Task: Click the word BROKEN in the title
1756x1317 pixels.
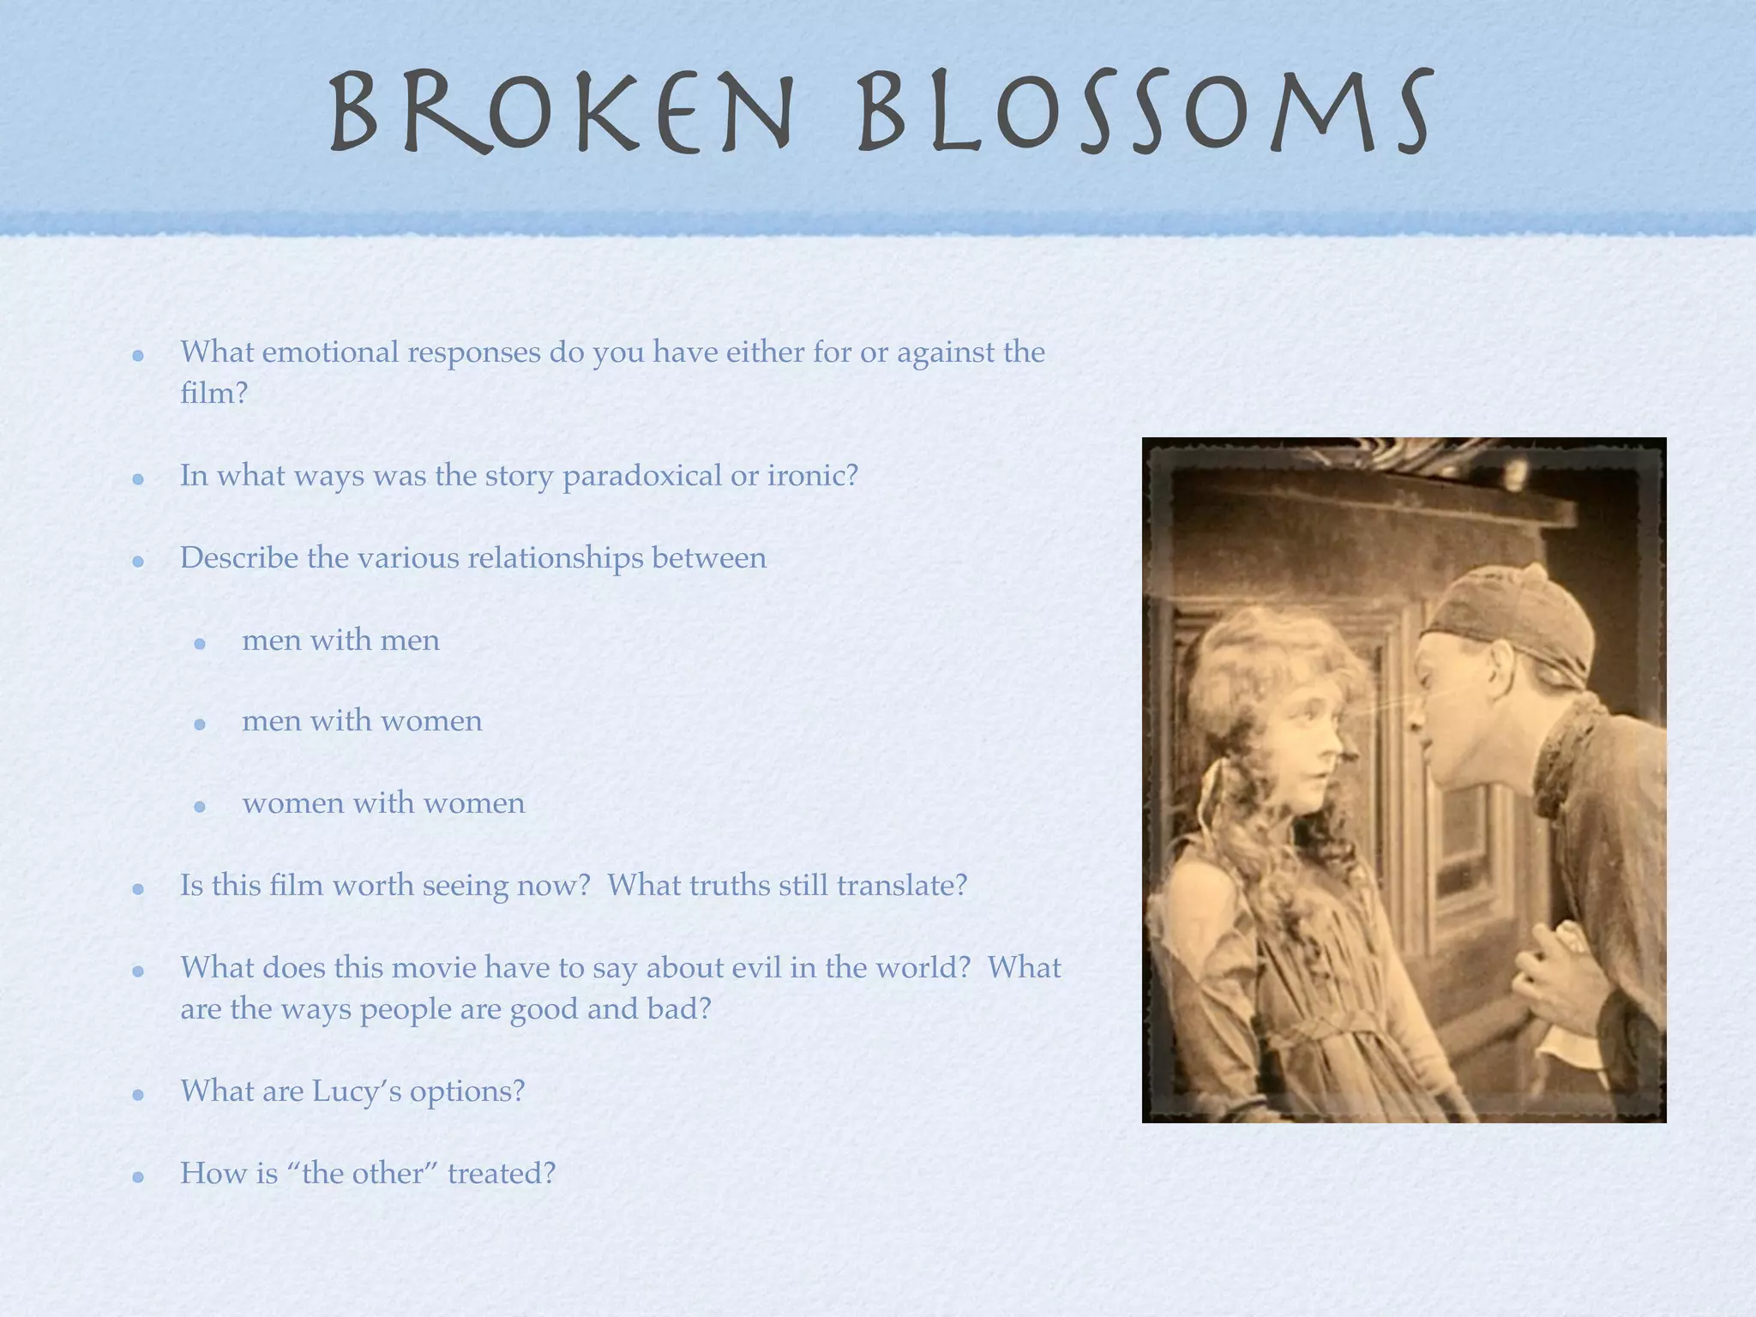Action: pyautogui.click(x=562, y=111)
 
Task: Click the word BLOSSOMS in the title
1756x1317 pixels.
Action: pyautogui.click(x=1145, y=111)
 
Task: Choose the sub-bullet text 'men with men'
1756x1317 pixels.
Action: pyautogui.click(x=340, y=640)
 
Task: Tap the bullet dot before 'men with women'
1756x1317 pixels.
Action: pyautogui.click(x=200, y=725)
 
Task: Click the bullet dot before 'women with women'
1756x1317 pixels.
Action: pyautogui.click(x=200, y=807)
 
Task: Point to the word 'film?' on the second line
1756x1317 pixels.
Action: pyautogui.click(x=213, y=394)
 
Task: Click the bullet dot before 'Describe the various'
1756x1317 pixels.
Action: pyautogui.click(x=138, y=562)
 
